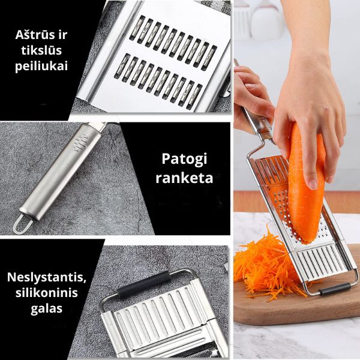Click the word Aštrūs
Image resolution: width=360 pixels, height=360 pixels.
pos(36,35)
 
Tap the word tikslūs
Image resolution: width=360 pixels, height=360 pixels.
pos(41,50)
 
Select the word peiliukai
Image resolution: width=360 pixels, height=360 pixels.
pos(41,67)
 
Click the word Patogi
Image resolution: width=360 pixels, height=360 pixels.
pos(184,160)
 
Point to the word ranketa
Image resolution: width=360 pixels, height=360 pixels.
pos(184,178)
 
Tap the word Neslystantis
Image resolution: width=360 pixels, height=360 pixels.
pos(47,278)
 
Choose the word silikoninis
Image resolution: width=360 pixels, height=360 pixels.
pos(47,293)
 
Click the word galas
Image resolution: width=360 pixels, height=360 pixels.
pos(47,309)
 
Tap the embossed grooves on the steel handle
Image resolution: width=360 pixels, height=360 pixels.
pos(80,143)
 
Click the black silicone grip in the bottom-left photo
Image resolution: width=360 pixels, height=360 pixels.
pos(143,284)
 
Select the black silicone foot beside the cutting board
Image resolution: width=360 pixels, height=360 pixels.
pos(335,289)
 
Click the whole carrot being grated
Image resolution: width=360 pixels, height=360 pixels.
pos(305,184)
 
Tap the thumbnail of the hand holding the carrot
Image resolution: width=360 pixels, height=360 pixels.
pos(313,184)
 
